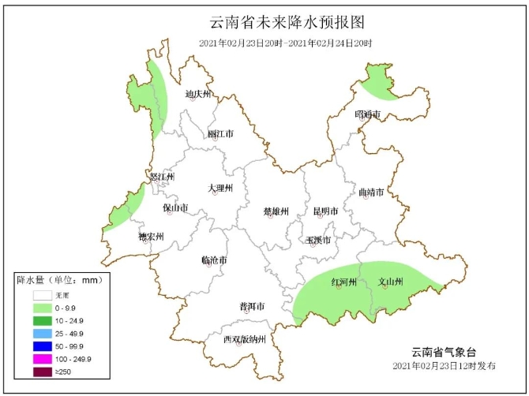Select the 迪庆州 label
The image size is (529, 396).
tap(198, 95)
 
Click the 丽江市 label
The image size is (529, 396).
tap(221, 134)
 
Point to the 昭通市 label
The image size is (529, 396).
tap(368, 115)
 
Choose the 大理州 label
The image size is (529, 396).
tap(220, 189)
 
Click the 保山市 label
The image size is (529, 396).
tap(175, 208)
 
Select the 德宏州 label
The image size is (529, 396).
tap(150, 236)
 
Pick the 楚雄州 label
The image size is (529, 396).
tap(276, 211)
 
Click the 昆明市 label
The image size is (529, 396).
tap(325, 211)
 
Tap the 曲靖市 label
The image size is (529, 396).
tap(371, 192)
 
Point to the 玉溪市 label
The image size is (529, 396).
tap(318, 240)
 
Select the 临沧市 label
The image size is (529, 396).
tap(214, 260)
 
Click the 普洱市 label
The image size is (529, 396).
tap(252, 306)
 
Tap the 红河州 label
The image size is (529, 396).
tap(344, 282)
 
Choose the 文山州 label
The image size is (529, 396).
tap(391, 282)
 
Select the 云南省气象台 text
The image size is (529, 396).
tap(445, 352)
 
